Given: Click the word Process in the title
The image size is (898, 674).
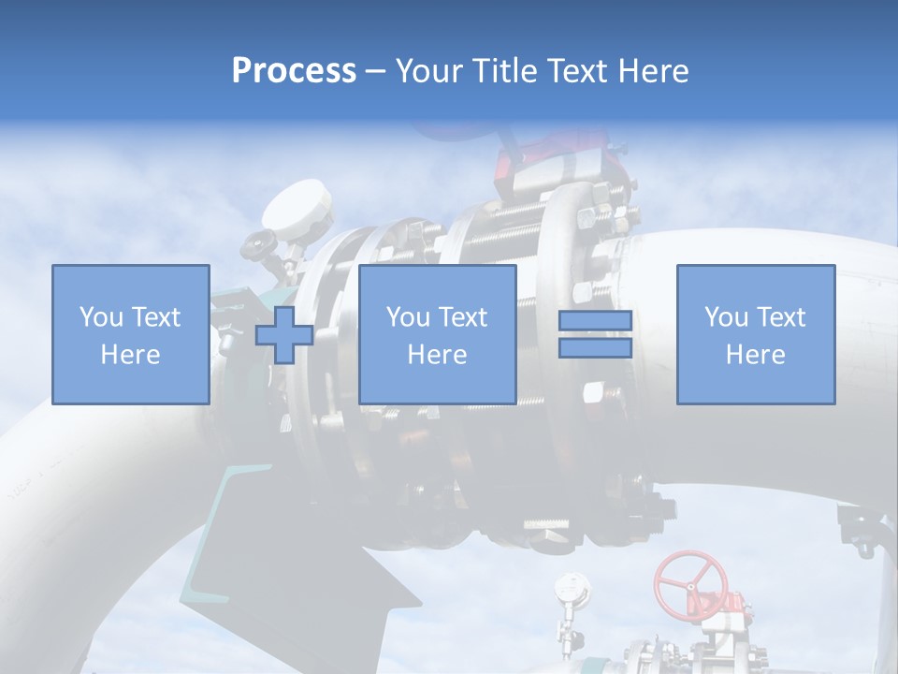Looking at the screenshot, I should point(294,71).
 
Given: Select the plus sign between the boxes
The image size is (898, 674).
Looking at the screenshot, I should point(284,335).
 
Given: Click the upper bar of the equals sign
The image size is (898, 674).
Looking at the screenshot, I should point(595,321).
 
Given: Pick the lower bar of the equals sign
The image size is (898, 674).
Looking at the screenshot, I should point(595,348).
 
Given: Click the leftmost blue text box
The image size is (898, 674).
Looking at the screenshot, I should point(130,334).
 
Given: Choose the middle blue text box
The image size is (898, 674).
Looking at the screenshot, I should point(437,334).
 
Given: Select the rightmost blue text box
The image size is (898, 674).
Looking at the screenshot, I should point(755,334).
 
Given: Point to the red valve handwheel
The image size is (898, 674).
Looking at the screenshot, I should point(690,581).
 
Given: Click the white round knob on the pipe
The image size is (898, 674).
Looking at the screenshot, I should point(297,208).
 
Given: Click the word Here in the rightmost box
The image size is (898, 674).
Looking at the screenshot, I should point(755,355).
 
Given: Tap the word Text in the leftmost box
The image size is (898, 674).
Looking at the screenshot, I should point(155,317).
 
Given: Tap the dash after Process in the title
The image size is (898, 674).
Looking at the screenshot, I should point(375,71).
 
